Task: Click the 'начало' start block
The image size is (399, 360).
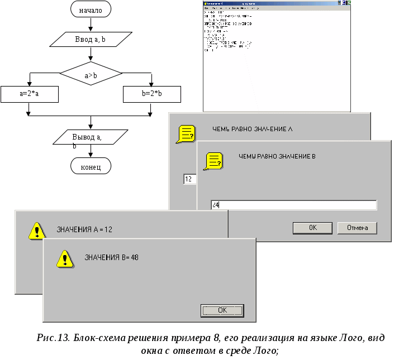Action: click(x=91, y=10)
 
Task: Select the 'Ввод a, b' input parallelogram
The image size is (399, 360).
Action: click(x=91, y=40)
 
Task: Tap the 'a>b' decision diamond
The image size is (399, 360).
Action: click(x=91, y=73)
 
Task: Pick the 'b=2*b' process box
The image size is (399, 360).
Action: click(x=151, y=94)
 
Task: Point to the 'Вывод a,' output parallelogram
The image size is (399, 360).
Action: click(x=91, y=137)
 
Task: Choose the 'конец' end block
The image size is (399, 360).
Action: click(x=91, y=166)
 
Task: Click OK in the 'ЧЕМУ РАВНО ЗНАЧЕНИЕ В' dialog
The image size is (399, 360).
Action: click(x=312, y=228)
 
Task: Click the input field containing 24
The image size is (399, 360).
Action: click(x=294, y=205)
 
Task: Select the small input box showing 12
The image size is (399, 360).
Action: click(x=189, y=179)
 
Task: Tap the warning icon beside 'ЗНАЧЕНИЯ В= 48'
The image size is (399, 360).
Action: click(x=65, y=258)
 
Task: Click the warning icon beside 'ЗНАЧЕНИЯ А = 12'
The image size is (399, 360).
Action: click(x=37, y=230)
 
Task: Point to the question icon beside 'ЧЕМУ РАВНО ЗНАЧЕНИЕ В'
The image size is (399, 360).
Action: click(x=213, y=161)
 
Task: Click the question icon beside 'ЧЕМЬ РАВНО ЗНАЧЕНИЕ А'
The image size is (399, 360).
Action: click(x=186, y=134)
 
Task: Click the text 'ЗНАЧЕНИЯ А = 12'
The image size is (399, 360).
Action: click(x=88, y=229)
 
